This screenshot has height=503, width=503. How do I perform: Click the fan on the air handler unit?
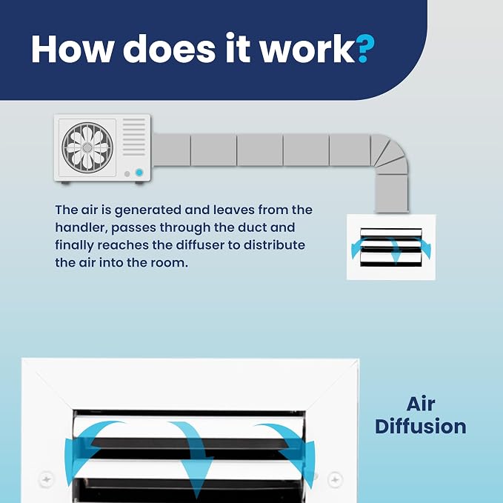point(87,147)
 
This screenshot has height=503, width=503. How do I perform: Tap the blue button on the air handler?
point(139,173)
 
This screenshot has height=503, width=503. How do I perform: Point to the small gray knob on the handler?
point(127,174)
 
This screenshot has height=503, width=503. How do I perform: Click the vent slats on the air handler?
point(134,137)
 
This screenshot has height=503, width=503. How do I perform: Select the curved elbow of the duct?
point(390,153)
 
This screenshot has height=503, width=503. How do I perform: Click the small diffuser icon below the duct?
point(391,247)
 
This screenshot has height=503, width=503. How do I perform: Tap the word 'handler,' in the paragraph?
point(80,227)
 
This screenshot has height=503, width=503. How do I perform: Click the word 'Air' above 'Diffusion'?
point(421,404)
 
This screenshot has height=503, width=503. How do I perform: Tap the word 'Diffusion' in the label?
point(421,427)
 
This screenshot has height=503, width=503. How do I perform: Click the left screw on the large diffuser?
point(46,479)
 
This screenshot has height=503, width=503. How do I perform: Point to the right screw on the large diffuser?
point(335,479)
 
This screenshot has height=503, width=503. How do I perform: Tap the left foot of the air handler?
point(65,183)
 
